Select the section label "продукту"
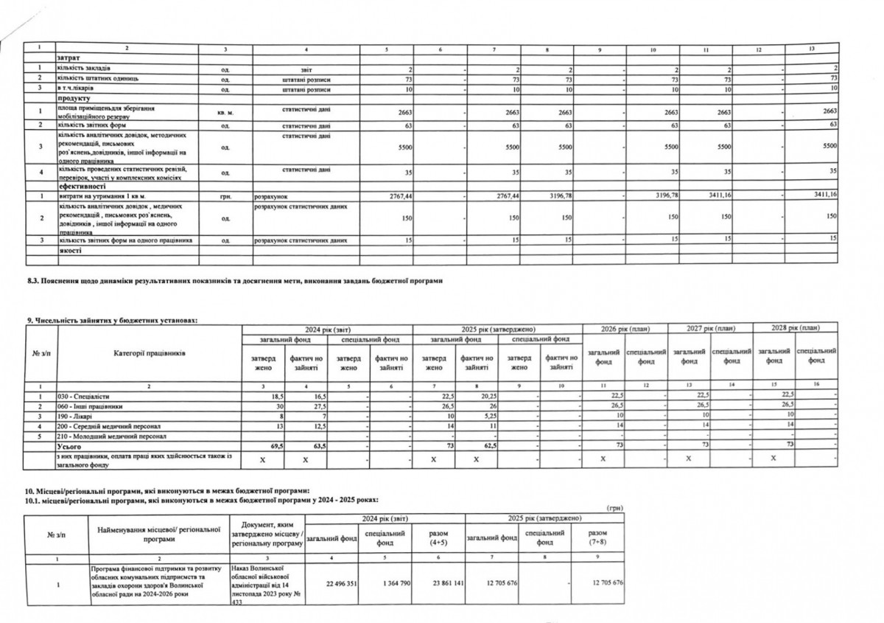pyautogui.click(x=72, y=98)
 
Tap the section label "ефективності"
pyautogui.click(x=77, y=187)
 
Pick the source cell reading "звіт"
pyautogui.click(x=306, y=68)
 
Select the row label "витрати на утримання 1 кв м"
pyautogui.click(x=99, y=196)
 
